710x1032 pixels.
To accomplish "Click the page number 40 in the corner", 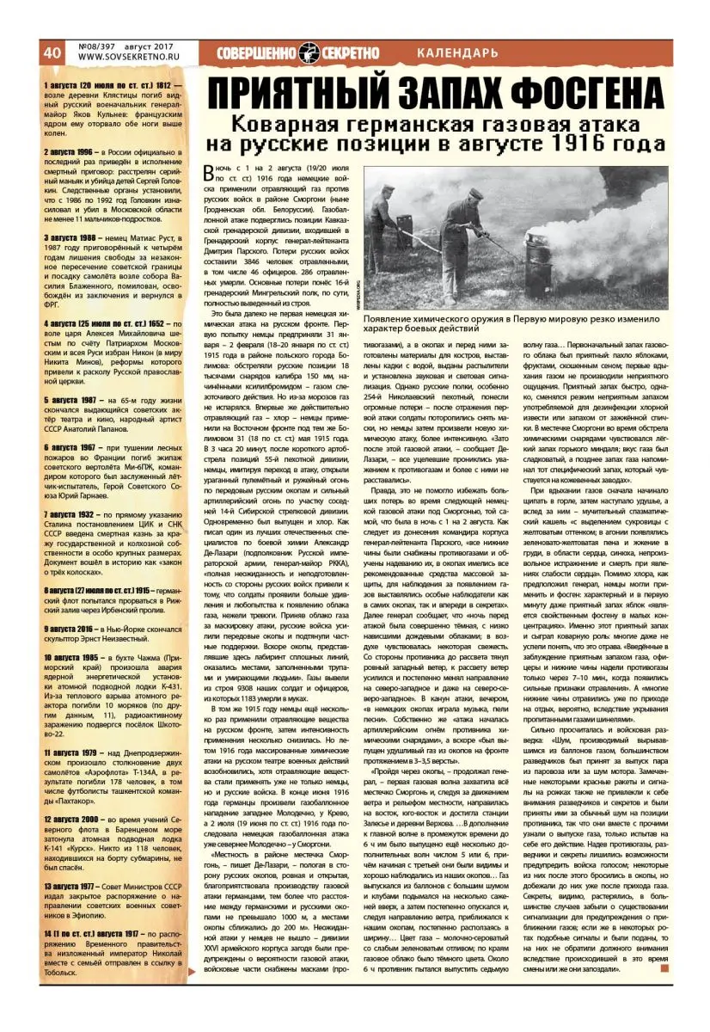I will point(52,52).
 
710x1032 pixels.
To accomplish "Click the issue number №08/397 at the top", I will point(101,46).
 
